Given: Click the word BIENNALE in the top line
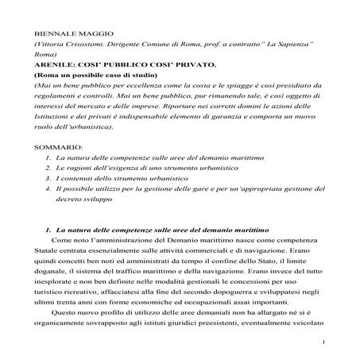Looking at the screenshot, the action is (52, 35).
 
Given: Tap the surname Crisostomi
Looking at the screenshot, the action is (81, 48).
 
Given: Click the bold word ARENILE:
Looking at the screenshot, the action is (52, 72).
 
